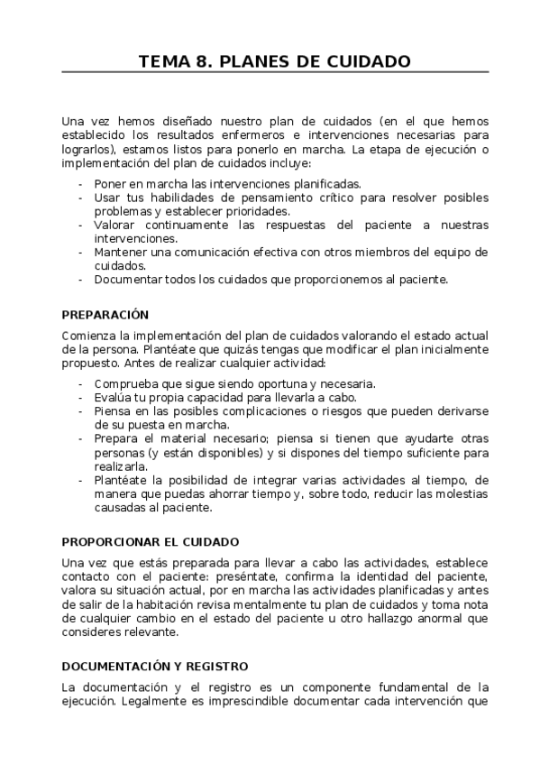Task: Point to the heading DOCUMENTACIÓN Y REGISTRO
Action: pyautogui.click(x=154, y=666)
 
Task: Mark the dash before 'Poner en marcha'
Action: pyautogui.click(x=83, y=183)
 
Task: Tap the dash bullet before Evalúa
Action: pyautogui.click(x=83, y=398)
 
